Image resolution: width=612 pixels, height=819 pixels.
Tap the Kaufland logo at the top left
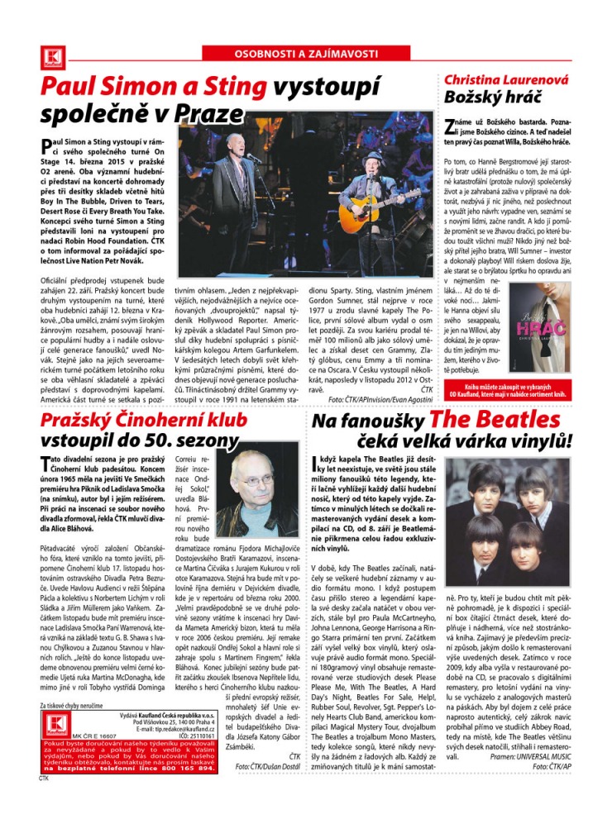point(50,55)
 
